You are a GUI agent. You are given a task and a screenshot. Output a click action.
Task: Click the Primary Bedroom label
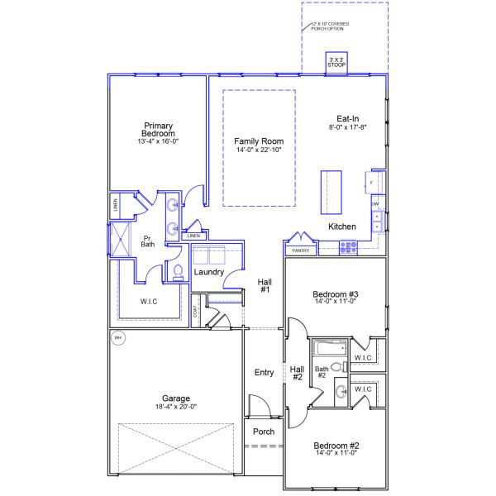(x=158, y=130)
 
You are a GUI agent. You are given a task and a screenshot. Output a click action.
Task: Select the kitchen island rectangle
(x=331, y=193)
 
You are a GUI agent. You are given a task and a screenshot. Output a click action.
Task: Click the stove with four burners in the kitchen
(x=348, y=246)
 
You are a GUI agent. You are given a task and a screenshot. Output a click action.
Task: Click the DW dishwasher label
(x=375, y=203)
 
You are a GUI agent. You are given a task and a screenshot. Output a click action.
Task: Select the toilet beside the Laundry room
(x=177, y=271)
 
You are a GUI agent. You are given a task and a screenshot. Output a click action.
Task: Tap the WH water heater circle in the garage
(x=117, y=337)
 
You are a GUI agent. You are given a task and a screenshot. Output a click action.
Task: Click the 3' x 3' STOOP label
(x=336, y=61)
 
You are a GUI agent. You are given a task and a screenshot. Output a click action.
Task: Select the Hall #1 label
(x=265, y=285)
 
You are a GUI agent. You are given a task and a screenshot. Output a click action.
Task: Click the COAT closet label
(x=195, y=312)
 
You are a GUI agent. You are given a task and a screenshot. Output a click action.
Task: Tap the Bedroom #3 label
(x=335, y=294)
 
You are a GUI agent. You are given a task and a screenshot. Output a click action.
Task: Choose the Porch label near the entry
(x=264, y=432)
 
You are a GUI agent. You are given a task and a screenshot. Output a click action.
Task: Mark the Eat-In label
(x=346, y=118)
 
